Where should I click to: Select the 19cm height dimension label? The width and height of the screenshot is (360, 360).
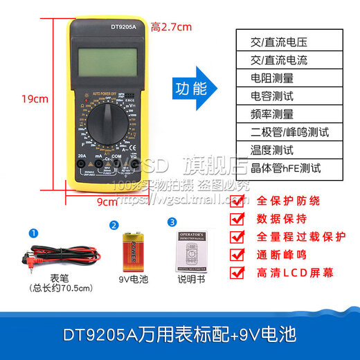click(35, 98)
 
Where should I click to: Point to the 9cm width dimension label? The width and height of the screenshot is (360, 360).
click(106, 202)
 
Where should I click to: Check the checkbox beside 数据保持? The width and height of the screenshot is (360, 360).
click(237, 219)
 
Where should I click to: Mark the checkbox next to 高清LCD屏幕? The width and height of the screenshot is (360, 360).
click(237, 272)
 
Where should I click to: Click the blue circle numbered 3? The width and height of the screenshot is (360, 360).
click(172, 223)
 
